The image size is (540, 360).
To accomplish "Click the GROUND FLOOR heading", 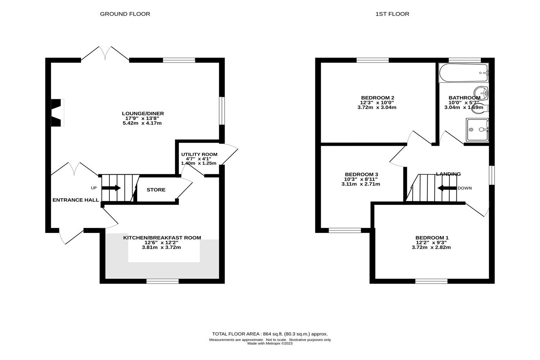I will click(x=125, y=14).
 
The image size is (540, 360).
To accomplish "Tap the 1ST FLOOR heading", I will click(x=392, y=14).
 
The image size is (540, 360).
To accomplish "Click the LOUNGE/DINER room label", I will click(x=143, y=114).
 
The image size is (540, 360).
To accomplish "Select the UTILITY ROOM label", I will click(x=199, y=154).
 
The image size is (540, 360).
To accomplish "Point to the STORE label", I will click(x=156, y=190).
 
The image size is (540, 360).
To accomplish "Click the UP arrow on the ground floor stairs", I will click(x=111, y=188).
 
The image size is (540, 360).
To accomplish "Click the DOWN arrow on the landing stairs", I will click(x=446, y=188).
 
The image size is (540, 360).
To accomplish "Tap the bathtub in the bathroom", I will click(x=464, y=73).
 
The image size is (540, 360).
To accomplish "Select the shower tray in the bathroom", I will click(x=477, y=130).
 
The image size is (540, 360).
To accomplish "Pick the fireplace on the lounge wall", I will click(x=58, y=113).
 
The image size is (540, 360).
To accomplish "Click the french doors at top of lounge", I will click(x=105, y=54).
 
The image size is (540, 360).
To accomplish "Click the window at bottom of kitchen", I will click(x=162, y=281).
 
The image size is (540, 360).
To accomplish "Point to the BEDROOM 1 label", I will click(x=432, y=238).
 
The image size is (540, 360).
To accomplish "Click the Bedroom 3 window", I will click(x=345, y=230).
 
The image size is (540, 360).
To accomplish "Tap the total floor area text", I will click(x=270, y=334).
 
